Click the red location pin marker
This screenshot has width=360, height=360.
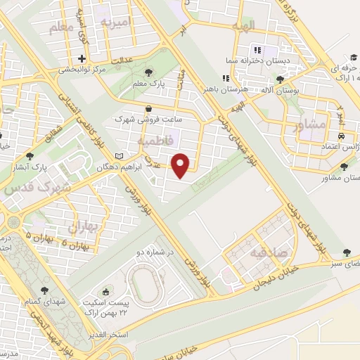[x=182, y=165]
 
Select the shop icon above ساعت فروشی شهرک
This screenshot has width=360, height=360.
[x=149, y=109]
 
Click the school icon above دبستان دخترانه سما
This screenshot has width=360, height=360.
[x=256, y=50]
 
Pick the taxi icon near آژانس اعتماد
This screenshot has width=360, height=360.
[x=340, y=135]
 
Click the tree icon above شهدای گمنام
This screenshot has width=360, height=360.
[x=44, y=289]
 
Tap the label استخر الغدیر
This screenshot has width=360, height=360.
[x=108, y=333]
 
